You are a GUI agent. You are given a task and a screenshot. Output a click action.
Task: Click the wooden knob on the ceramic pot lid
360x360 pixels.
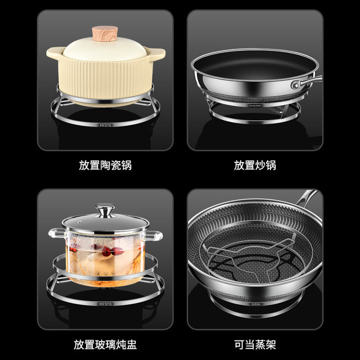(105, 33)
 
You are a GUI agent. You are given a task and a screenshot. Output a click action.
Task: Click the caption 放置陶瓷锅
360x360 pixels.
(105, 165)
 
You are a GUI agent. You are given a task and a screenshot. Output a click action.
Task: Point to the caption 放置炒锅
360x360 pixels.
(255, 165)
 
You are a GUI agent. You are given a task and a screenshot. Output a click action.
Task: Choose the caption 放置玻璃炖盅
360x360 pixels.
(105, 344)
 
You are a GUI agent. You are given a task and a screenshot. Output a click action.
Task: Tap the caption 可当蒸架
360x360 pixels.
(255, 344)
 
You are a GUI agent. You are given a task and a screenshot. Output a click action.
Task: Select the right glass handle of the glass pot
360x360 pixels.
(154, 236)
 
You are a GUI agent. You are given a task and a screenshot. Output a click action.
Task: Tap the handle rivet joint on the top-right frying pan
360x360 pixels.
(295, 85)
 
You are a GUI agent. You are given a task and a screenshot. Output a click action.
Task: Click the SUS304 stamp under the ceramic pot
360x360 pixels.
(105, 125)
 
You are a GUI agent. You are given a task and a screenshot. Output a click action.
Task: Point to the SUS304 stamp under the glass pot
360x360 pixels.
(105, 304)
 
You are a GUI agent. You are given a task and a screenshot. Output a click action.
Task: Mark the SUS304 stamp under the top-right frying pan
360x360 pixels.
(255, 105)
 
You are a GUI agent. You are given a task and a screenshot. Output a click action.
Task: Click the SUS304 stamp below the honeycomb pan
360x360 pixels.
(256, 304)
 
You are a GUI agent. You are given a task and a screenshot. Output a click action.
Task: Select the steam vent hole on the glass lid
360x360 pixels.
(79, 222)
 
